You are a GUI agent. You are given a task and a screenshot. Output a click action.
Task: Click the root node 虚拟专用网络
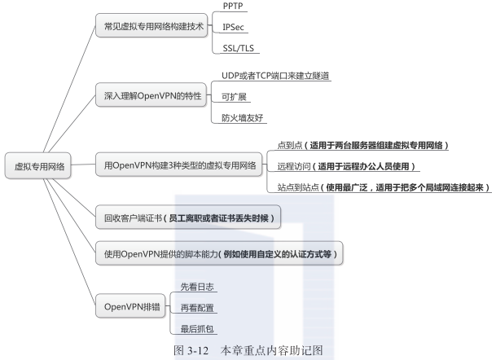coord(39,166)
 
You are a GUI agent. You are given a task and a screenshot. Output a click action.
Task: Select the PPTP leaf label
coord(234,7)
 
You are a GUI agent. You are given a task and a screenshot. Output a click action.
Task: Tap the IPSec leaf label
coord(234,27)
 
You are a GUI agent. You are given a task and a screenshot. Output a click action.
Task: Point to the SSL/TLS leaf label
coord(238,47)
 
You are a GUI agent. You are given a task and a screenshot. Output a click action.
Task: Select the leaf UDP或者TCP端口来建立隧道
coord(275,76)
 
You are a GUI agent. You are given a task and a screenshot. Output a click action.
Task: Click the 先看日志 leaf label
coord(193,287)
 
